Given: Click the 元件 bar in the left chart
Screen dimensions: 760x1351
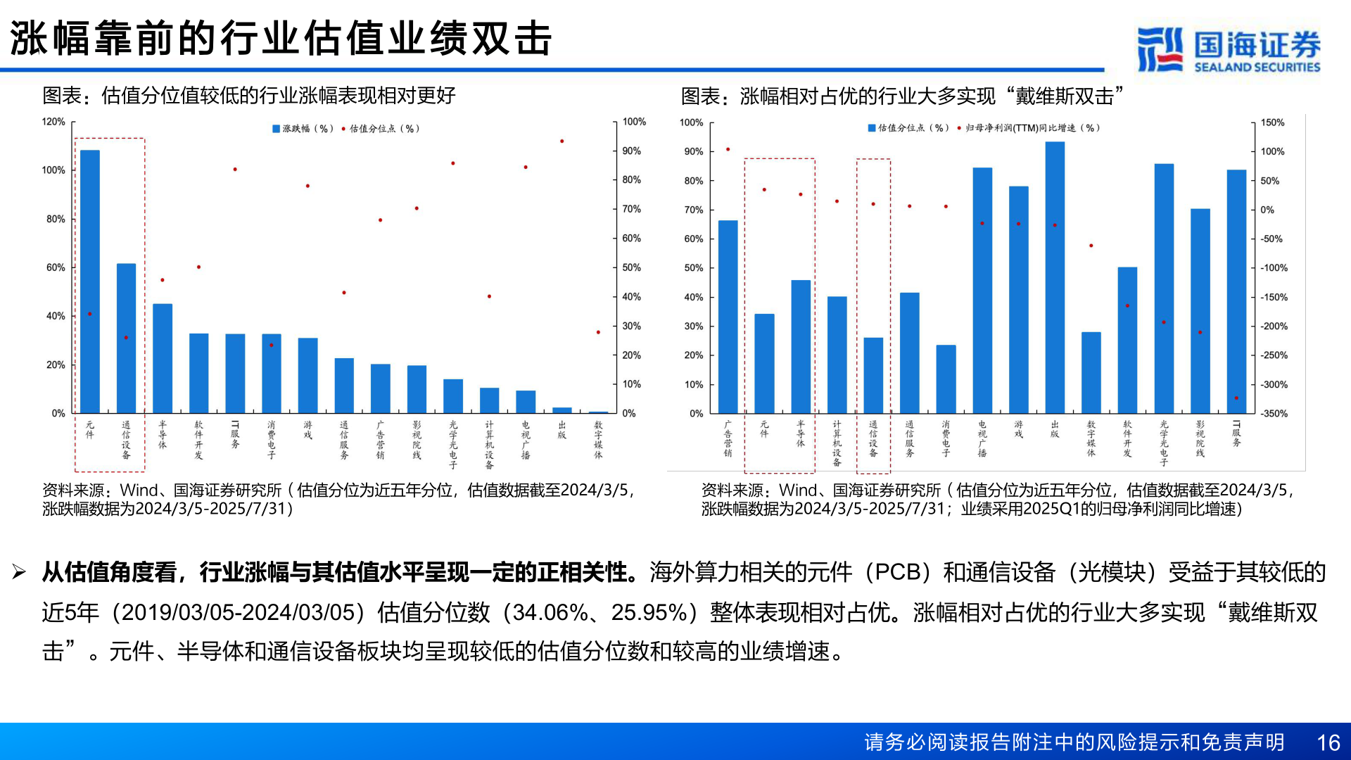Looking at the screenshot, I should click(90, 281).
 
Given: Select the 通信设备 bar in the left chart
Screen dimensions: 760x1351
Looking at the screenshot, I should click(126, 338).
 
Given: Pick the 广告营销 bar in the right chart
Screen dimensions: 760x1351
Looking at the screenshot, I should click(728, 317).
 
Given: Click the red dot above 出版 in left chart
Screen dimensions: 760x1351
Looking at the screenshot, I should click(562, 141).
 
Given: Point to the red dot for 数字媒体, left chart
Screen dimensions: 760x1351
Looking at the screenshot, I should click(598, 332).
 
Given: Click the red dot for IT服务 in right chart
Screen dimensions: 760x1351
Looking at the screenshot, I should click(1236, 398).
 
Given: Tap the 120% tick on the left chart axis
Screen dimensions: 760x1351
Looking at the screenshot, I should click(53, 122).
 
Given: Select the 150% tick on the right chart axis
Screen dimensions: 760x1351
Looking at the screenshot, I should click(1272, 122).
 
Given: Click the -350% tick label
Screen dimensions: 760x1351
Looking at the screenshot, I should click(1274, 414).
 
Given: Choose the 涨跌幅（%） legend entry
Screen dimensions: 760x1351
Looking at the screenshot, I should click(303, 129).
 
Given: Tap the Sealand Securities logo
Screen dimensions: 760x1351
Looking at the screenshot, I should click(1229, 49).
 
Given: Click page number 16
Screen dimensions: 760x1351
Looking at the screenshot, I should click(1328, 742).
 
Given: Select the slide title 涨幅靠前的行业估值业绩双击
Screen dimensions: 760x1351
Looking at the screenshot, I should click(281, 38).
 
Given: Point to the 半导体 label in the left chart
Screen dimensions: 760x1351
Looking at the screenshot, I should click(163, 434).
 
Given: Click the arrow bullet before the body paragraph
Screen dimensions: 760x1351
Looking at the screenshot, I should click(19, 572).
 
